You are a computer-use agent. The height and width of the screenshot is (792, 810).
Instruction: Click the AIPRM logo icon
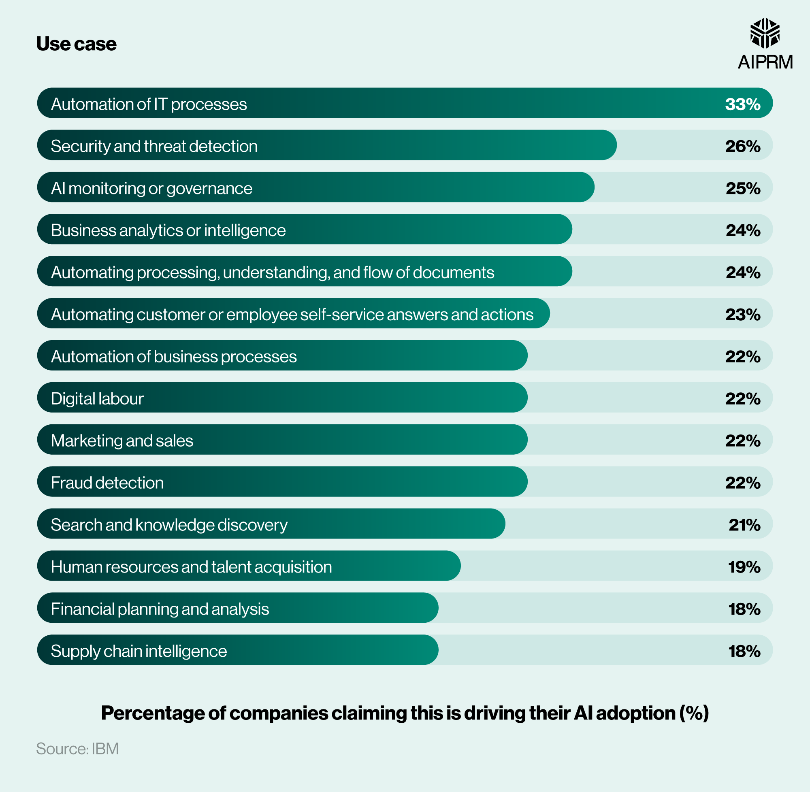(765, 33)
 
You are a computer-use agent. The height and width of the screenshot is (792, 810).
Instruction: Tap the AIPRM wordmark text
(765, 62)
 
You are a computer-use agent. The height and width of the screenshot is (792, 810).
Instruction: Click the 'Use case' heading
(76, 44)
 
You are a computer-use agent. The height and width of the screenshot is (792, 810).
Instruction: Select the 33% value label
(743, 104)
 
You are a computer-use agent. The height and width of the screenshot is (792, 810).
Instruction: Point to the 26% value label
(743, 146)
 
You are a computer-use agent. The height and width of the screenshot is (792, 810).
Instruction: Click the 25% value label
(743, 188)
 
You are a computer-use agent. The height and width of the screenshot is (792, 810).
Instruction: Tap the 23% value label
(743, 315)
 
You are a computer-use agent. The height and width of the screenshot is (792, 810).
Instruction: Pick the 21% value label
(744, 525)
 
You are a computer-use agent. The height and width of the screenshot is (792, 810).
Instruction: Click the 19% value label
(744, 567)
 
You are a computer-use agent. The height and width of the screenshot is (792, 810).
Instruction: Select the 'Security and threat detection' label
(154, 146)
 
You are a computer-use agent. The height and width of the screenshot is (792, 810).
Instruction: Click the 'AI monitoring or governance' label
(151, 188)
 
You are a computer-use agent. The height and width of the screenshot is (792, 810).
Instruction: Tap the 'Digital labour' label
(97, 398)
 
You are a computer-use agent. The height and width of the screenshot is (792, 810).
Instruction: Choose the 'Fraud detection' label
(107, 483)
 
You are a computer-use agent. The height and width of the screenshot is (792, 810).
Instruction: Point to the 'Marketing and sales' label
(122, 441)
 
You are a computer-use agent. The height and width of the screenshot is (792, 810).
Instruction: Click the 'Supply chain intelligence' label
(139, 651)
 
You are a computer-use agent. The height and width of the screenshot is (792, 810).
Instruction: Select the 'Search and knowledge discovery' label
(169, 525)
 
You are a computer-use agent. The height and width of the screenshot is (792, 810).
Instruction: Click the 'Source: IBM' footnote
(77, 749)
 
